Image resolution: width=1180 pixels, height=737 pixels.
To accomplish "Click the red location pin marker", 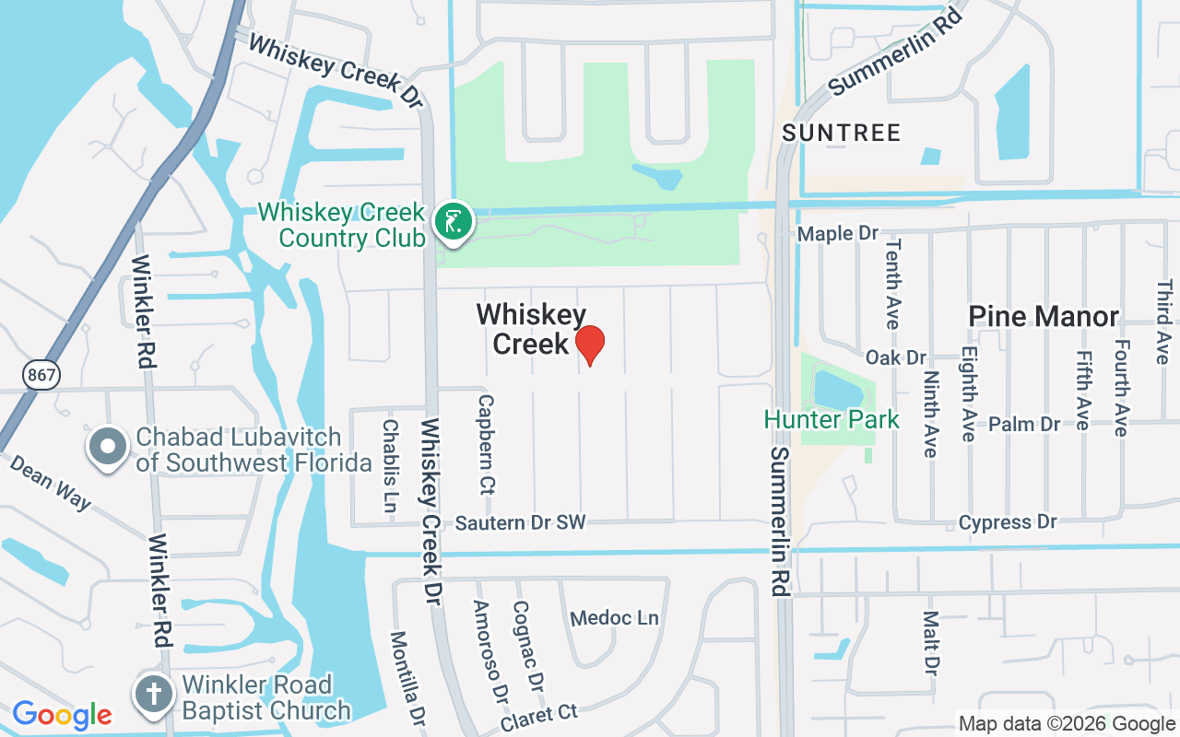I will (589, 344).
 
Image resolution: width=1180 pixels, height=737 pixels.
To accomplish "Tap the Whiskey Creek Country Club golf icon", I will (453, 223).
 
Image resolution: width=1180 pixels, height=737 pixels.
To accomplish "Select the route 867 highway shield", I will (40, 373).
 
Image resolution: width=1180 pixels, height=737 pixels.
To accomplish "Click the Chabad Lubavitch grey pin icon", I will (108, 447).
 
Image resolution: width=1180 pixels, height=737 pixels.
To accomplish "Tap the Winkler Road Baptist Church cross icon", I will (154, 695).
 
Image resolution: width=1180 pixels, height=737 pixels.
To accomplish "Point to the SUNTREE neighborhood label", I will (841, 134).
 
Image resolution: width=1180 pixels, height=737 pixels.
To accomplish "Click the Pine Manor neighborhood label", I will (1044, 318).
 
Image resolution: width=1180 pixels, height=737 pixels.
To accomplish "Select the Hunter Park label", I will (832, 420).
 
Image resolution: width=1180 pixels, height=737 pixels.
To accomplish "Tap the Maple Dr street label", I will (838, 234).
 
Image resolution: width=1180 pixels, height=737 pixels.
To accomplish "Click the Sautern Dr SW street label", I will (521, 523).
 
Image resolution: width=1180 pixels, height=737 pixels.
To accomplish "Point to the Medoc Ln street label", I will (615, 617).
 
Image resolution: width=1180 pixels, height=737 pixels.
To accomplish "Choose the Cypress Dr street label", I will (1008, 522).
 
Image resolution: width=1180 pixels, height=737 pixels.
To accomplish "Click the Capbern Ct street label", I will (486, 444).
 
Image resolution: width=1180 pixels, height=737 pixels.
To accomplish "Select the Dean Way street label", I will (51, 481).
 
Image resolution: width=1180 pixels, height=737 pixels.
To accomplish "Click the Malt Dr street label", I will (931, 642).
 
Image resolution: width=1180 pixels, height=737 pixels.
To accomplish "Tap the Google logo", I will (62, 715).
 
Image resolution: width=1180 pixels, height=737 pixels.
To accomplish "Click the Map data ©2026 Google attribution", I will (1067, 724).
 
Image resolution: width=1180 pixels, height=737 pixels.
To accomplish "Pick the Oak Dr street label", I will (895, 357).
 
